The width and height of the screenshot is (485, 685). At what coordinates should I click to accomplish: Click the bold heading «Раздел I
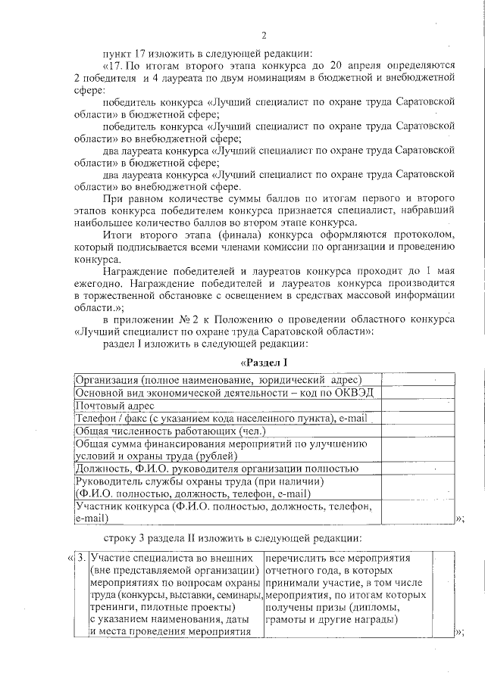pos(264,361)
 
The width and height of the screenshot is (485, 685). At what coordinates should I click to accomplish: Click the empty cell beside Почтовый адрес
pos(418,406)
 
